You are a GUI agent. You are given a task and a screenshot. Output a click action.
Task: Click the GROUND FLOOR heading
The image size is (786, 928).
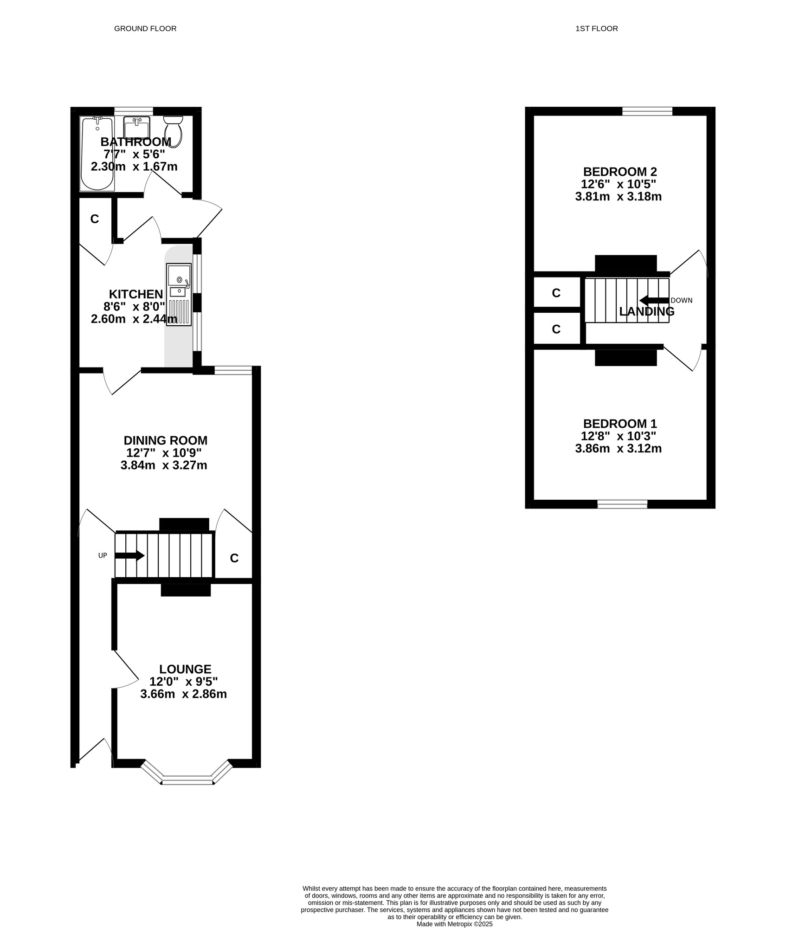coord(145,29)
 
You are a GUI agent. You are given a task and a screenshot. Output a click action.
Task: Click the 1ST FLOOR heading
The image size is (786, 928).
coord(596,29)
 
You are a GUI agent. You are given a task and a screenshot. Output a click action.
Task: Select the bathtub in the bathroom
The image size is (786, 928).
coord(97,154)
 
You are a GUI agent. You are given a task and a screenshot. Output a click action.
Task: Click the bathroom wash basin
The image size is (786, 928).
coord(137,126)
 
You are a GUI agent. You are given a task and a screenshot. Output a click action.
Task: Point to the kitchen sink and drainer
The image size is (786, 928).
coord(179,294)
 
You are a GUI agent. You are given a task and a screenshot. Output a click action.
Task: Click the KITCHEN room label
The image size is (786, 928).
coord(136,294)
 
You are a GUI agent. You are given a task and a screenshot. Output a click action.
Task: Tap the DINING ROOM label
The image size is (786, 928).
coord(166,440)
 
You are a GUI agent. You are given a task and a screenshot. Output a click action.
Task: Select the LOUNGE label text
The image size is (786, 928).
coord(185,669)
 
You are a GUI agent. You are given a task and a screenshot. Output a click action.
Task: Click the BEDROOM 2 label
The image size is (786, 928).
coord(620,172)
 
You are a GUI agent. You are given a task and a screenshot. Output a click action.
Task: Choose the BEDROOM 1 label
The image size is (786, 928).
coord(620,424)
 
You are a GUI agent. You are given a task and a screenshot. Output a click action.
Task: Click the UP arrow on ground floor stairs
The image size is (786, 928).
coord(130,555)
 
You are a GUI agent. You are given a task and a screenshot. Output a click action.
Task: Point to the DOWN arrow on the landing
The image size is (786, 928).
coord(654,300)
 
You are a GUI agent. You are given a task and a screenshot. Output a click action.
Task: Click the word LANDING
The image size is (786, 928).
coord(647,312)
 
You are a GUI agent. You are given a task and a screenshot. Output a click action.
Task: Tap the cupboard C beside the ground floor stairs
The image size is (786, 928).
coord(234,558)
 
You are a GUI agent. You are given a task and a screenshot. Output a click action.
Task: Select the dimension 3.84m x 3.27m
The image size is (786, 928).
coord(164,465)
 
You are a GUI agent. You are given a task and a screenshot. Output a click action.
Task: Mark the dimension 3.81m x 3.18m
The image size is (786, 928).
coord(618,197)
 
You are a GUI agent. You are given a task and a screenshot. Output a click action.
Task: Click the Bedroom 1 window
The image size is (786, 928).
coord(622,504)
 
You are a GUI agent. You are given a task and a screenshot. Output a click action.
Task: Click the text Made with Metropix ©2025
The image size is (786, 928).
coord(454,924)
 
